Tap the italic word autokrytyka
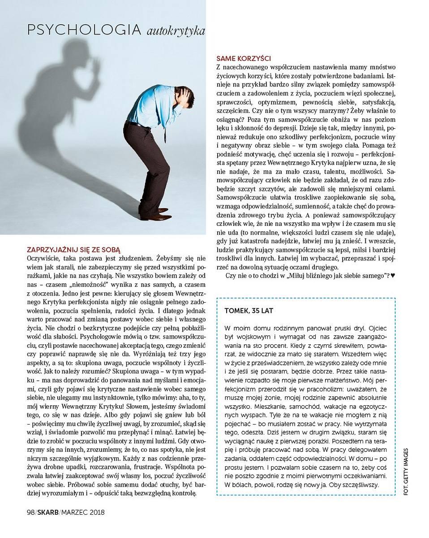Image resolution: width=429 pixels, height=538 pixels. [176, 31]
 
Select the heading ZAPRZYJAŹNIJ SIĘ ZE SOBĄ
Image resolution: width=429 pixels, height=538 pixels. [73, 249]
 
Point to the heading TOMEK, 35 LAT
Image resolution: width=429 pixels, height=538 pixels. [249, 311]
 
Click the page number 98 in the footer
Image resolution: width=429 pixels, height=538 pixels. [30, 512]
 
